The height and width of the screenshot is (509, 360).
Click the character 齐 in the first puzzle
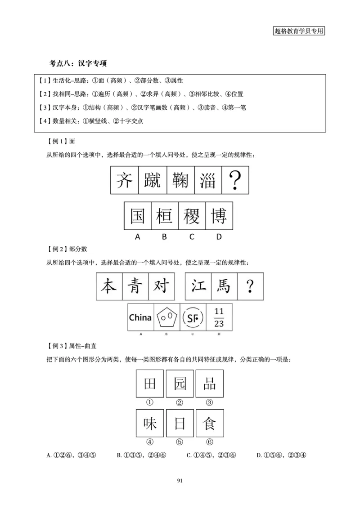tap(124, 180)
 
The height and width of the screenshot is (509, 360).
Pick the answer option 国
tap(137, 216)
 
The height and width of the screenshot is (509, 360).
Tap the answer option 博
tap(219, 216)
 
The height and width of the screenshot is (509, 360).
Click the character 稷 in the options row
tap(192, 216)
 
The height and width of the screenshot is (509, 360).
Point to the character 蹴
tap(152, 180)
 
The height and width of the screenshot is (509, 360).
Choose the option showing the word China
tap(140, 317)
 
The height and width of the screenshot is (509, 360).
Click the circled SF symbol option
tap(193, 317)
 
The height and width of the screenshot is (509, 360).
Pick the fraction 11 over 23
tap(219, 317)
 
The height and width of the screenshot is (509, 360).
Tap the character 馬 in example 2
tap(224, 286)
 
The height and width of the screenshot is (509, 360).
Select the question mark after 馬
tap(250, 286)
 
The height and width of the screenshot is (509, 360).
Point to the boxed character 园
tap(179, 384)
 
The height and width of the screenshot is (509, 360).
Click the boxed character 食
tap(209, 424)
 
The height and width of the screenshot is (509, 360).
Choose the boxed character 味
tap(150, 424)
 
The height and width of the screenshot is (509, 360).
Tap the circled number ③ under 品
tap(209, 402)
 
